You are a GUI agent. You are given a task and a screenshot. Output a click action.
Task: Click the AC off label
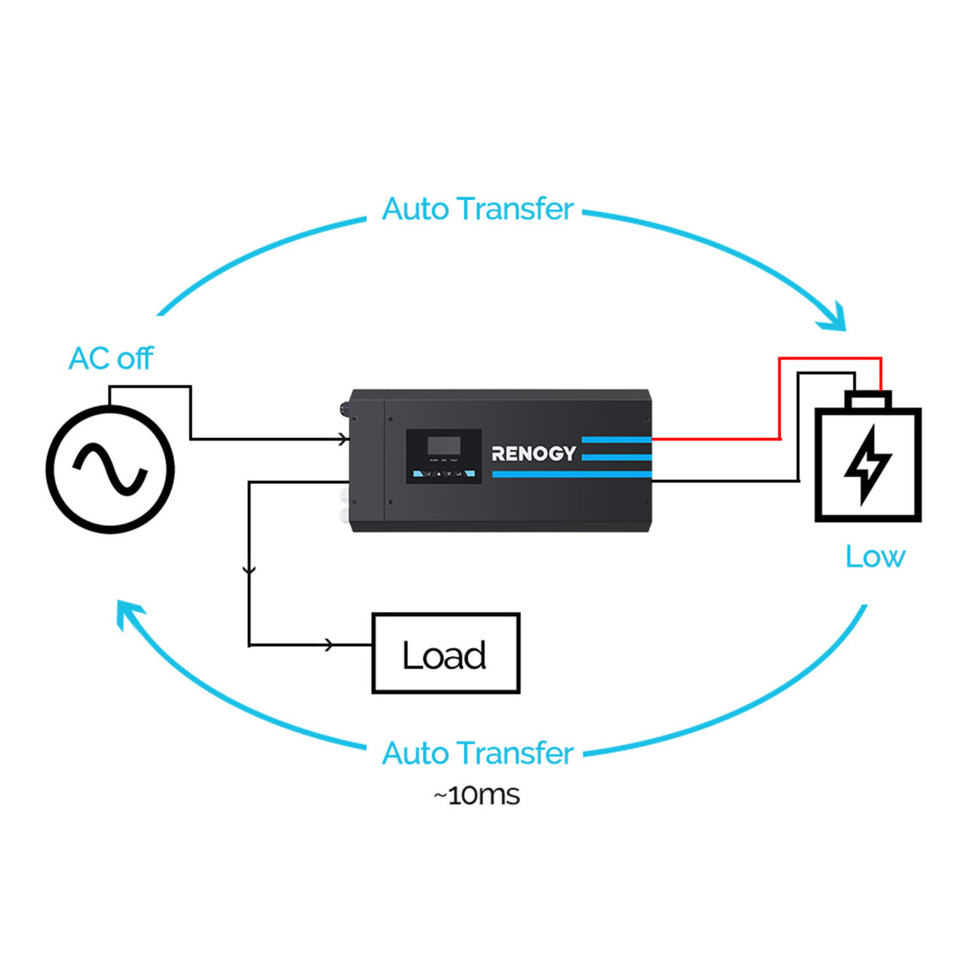tap(110, 359)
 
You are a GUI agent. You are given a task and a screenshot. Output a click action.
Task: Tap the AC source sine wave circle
tap(110, 470)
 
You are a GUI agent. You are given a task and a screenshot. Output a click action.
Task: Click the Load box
tap(446, 653)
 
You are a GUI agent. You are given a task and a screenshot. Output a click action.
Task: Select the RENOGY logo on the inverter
tap(533, 453)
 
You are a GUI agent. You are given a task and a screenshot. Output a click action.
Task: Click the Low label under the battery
tap(875, 557)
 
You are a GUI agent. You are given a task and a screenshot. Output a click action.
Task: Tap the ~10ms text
tap(477, 795)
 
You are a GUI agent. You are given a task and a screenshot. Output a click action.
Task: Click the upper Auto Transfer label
tap(477, 209)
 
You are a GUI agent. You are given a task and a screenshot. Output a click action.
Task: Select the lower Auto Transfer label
tap(477, 753)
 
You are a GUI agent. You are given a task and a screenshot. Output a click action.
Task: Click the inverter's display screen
tap(444, 445)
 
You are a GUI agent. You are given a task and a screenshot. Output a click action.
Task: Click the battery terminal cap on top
tap(868, 400)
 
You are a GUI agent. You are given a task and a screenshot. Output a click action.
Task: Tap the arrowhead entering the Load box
tap(328, 645)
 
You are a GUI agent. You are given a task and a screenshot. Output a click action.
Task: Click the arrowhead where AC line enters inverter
tap(343, 439)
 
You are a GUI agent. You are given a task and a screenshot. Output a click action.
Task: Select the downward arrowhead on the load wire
tap(249, 569)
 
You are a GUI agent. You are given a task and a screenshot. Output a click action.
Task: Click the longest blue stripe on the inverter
tap(571, 474)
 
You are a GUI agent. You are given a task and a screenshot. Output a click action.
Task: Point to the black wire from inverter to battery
tap(724, 481)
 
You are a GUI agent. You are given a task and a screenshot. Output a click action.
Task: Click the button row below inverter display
tap(443, 473)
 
